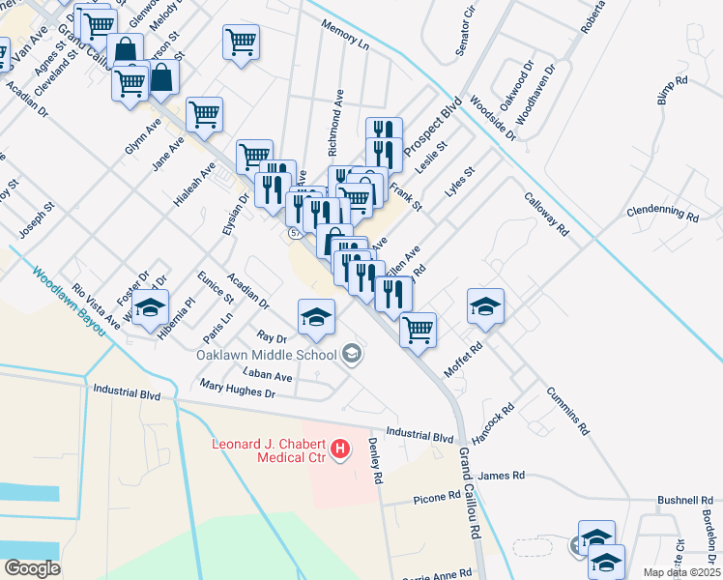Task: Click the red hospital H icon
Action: (x=340, y=449)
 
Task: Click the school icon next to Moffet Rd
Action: (x=485, y=306)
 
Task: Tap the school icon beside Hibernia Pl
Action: (x=150, y=308)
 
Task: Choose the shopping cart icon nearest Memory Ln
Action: (x=241, y=42)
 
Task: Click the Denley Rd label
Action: (x=376, y=461)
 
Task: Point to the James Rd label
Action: (x=501, y=476)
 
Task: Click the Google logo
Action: (x=32, y=567)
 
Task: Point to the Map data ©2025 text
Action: (x=680, y=572)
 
